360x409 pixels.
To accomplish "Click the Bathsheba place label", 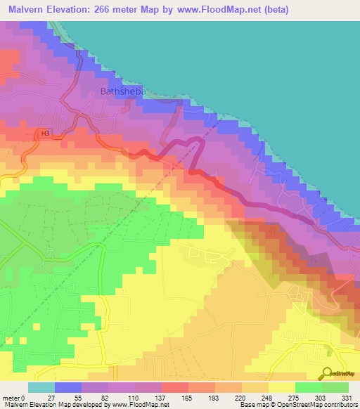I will (x=124, y=91).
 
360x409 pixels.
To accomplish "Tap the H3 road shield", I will (x=46, y=133).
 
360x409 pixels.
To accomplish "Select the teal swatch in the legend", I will (x=41, y=387).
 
